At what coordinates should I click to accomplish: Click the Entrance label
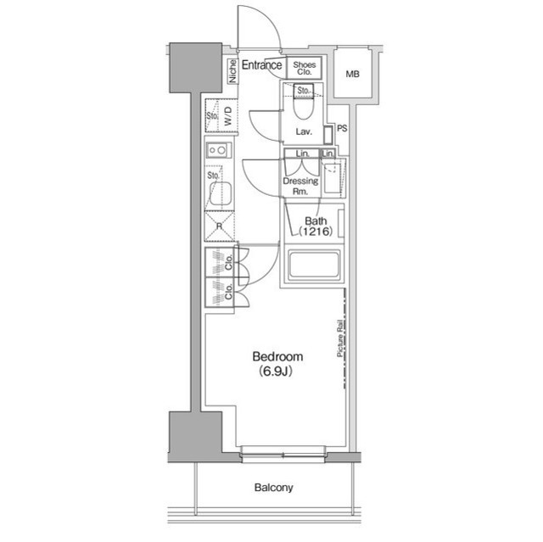pyautogui.click(x=262, y=65)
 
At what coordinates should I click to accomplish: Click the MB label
pyautogui.click(x=352, y=75)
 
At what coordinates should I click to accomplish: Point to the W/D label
pyautogui.click(x=228, y=120)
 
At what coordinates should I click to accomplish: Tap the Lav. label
pyautogui.click(x=304, y=132)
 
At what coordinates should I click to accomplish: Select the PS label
pyautogui.click(x=342, y=129)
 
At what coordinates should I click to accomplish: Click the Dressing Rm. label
pyautogui.click(x=300, y=186)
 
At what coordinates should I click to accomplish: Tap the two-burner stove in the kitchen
pyautogui.click(x=217, y=151)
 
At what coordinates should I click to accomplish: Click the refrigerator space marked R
pyautogui.click(x=219, y=226)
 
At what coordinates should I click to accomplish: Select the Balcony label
pyautogui.click(x=273, y=488)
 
